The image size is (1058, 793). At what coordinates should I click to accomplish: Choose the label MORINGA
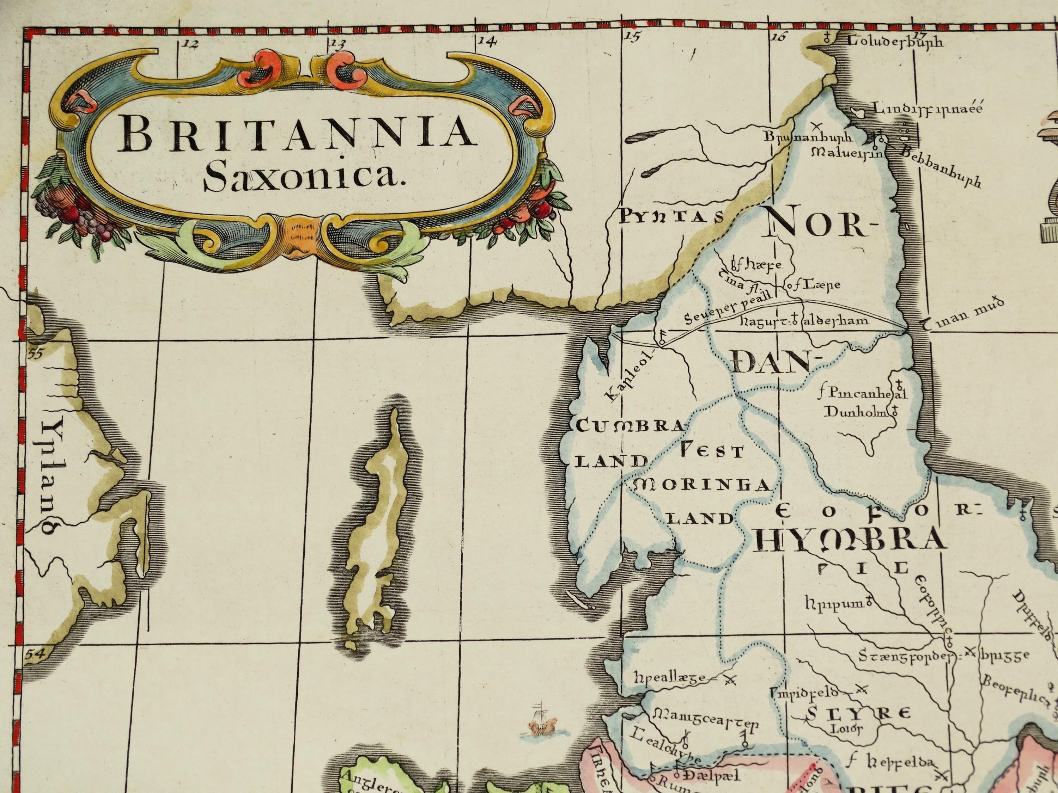(x=702, y=486)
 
